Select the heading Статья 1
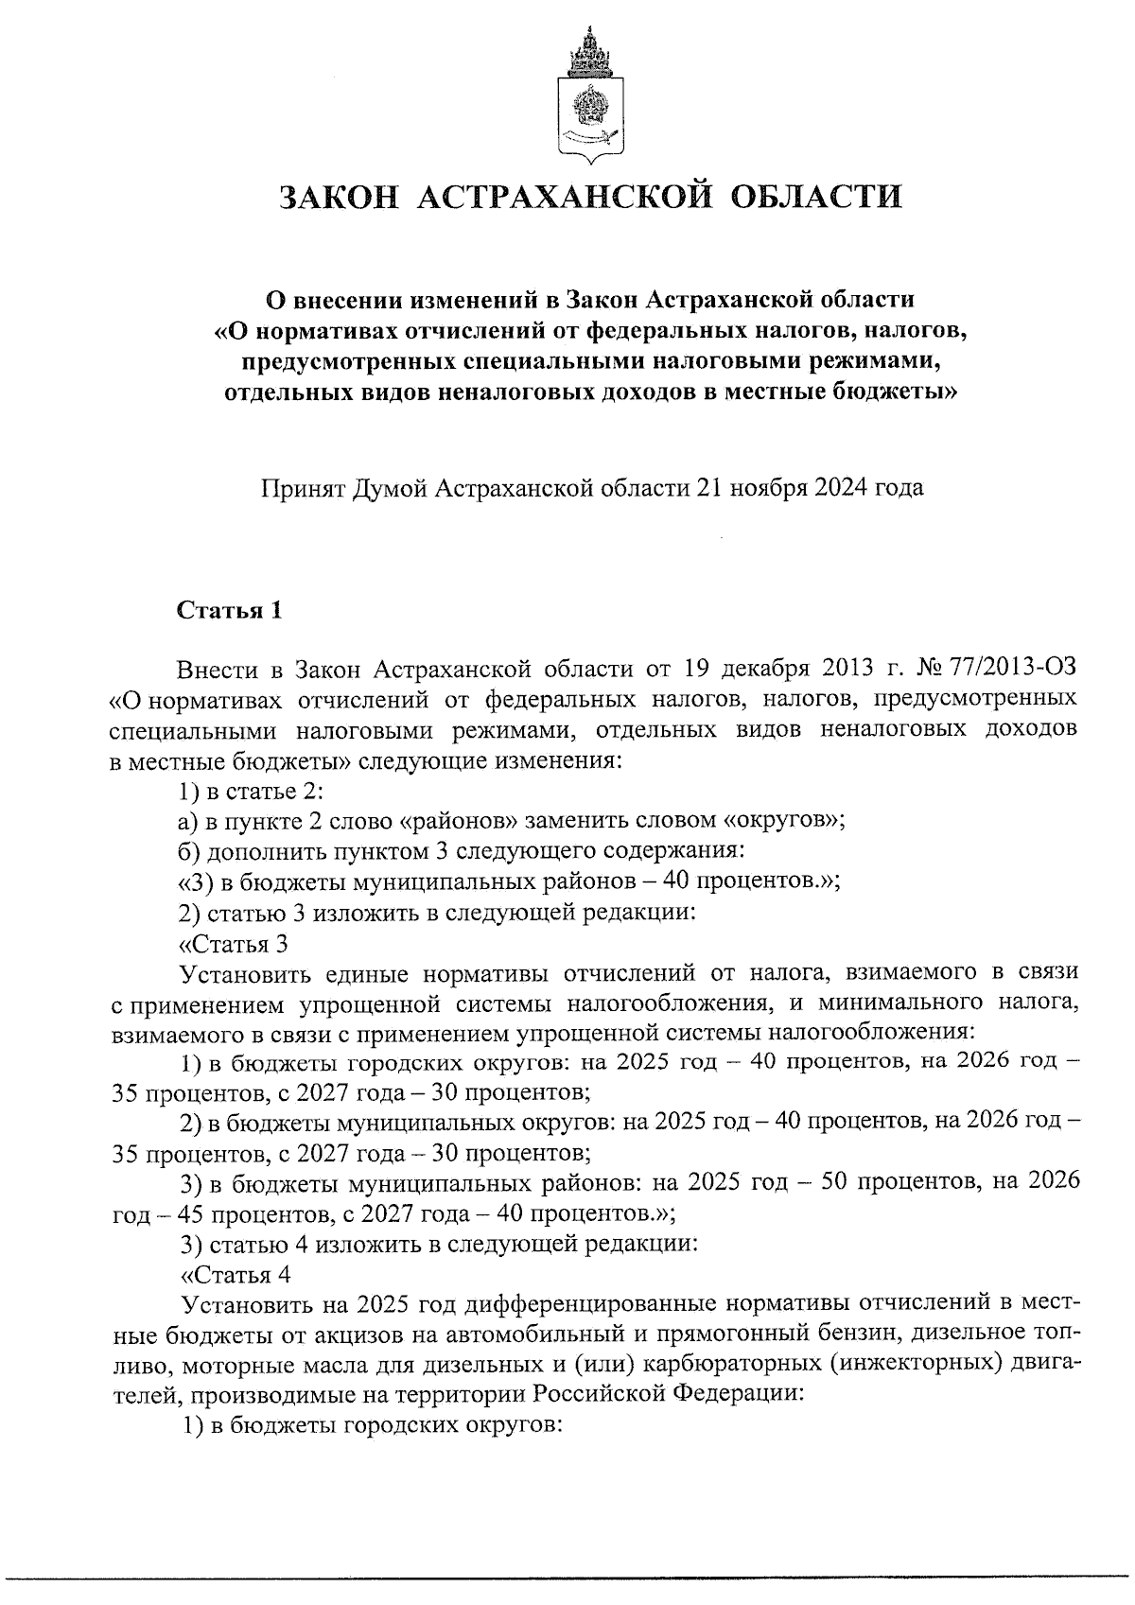[230, 610]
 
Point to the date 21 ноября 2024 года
[810, 488]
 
